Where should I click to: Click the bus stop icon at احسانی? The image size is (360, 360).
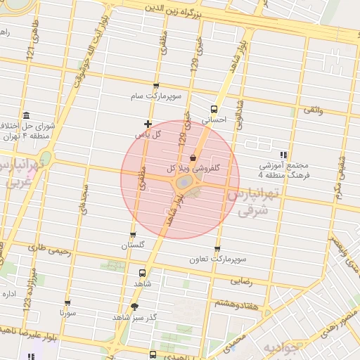click(214, 109)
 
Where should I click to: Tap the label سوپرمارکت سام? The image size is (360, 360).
click(155, 95)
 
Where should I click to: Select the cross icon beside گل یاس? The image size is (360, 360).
click(148, 124)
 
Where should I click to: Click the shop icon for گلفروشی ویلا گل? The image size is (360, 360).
click(193, 159)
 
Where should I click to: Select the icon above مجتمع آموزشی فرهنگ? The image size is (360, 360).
click(283, 155)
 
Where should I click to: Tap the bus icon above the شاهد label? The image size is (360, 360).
click(143, 272)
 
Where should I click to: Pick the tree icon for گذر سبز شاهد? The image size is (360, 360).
click(134, 307)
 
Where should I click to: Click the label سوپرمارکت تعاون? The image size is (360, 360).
click(217, 259)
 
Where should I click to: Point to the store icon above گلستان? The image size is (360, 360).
click(133, 236)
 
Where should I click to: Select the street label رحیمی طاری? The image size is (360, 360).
click(50, 247)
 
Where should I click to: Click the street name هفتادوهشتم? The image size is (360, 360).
click(236, 302)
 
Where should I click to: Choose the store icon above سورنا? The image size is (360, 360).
click(67, 300)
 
